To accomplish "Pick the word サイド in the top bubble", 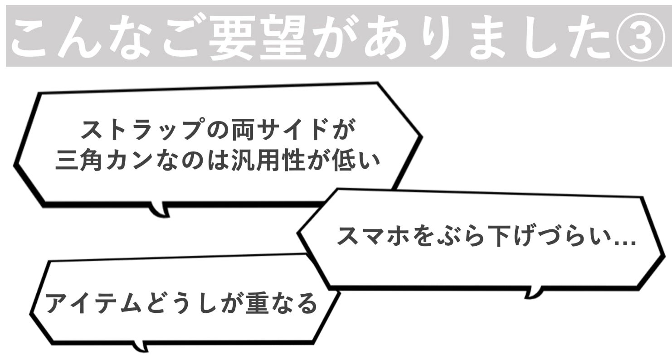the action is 289,130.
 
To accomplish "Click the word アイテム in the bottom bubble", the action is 93,303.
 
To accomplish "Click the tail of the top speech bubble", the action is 160,209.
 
